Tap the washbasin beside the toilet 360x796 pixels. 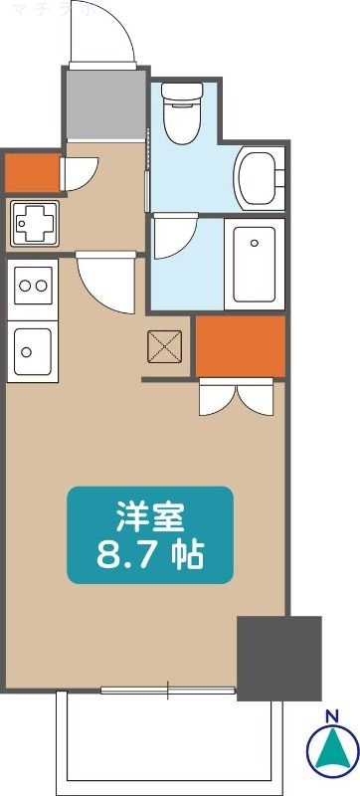coord(261,178)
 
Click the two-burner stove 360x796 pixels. coord(33,287)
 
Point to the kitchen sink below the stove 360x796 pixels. coord(33,351)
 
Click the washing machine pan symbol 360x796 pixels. coord(33,223)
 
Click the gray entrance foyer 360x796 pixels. coord(105,104)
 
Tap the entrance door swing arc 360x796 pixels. coord(104,35)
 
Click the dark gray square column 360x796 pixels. coord(278,658)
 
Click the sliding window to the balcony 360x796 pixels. coord(169,689)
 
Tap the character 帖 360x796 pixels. coord(186,555)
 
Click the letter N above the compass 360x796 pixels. coord(331,715)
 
